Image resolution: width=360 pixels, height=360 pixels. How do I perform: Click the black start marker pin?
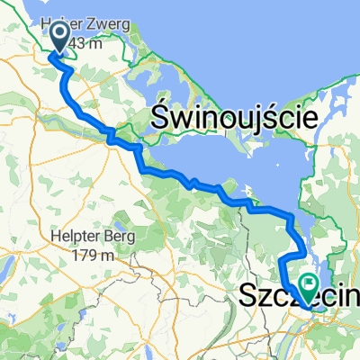pyautogui.click(x=59, y=36)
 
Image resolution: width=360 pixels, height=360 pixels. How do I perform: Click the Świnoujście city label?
pyautogui.click(x=233, y=117)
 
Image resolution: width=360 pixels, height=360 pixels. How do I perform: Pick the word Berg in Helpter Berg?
pyautogui.click(x=118, y=237)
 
